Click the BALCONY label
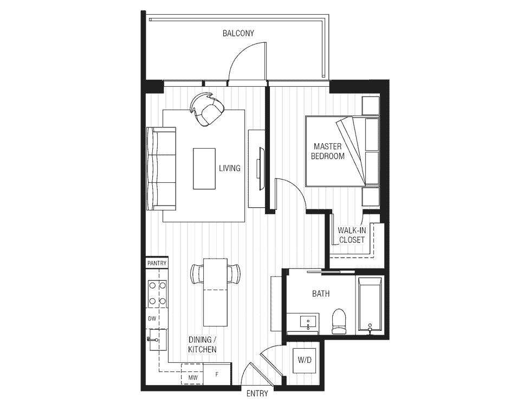pos(238,33)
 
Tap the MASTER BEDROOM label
pos(327,151)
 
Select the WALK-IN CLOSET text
pos(352,235)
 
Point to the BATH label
pos(321,294)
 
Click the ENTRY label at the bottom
pos(257,394)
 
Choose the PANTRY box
pos(157,263)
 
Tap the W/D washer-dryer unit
pos(305,360)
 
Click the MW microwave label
pos(193,377)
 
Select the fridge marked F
pos(217,374)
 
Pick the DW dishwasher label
pos(152,318)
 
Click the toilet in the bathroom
pos(339,322)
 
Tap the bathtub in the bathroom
pos(370,306)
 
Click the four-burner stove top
pos(158,293)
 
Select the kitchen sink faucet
pos(152,339)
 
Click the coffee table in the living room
pos(204,169)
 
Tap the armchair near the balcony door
pos(207,109)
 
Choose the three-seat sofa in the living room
pos(161,169)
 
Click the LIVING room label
pos(230,168)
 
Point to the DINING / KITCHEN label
pos(203,345)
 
